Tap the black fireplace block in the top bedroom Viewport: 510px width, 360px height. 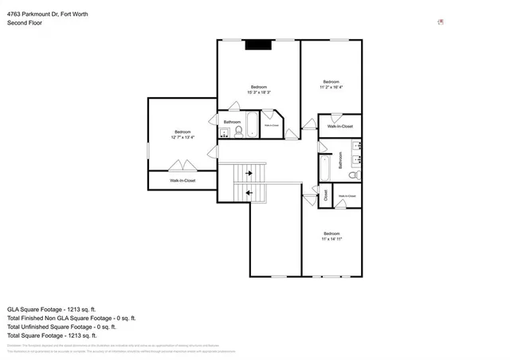[258, 45]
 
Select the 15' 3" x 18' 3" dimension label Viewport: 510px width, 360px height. [259, 92]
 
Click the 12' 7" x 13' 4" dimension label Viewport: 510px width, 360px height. [182, 137]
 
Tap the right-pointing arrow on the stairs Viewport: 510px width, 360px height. [249, 173]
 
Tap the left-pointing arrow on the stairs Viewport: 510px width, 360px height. [249, 192]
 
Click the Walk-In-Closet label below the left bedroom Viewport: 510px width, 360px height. [182, 181]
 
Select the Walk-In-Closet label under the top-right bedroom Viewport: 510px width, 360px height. [340, 126]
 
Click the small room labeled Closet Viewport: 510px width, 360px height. [325, 194]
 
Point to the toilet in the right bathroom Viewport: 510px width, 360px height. [355, 174]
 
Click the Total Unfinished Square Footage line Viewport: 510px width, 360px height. [62, 327]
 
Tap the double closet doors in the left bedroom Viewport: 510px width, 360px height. [182, 166]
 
